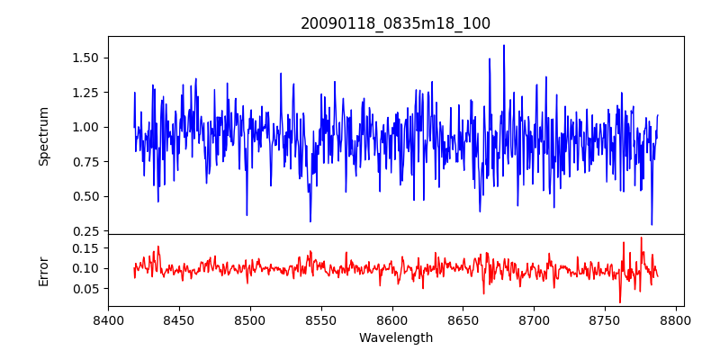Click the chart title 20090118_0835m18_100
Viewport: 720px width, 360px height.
(395, 23)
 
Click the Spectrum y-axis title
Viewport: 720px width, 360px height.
(44, 136)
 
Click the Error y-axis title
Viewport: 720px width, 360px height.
(44, 271)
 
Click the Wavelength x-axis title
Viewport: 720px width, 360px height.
(395, 338)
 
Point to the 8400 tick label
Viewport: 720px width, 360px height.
(108, 319)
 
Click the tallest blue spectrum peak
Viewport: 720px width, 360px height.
(504, 46)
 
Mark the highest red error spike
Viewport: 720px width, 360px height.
(642, 238)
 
